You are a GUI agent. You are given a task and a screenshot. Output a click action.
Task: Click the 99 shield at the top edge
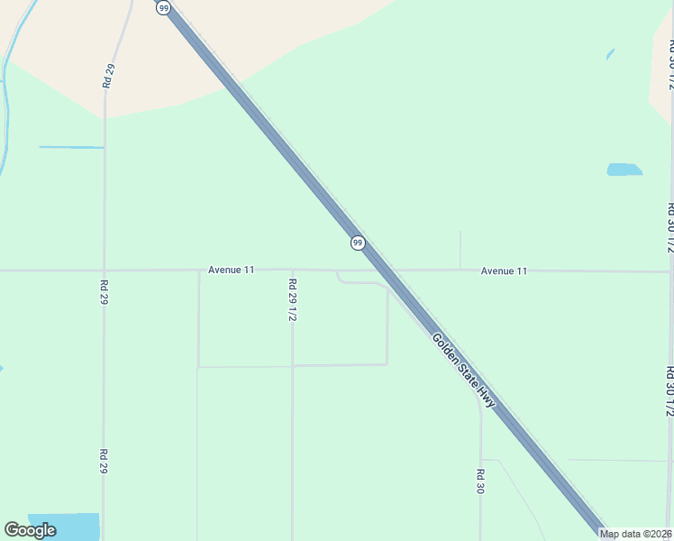pos(163,7)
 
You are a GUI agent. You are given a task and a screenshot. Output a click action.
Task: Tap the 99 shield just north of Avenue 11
pos(358,243)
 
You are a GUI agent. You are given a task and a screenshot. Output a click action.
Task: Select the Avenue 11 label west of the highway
pos(232,270)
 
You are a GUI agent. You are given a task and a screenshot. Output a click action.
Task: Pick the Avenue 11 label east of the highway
pos(504,270)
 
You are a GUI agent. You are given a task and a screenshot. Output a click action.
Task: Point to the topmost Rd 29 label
pos(108,76)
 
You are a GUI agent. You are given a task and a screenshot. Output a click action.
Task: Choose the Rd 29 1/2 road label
pos(292,300)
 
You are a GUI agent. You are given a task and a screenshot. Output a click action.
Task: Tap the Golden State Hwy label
pos(463,371)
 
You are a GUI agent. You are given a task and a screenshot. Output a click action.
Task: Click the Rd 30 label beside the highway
pos(480,481)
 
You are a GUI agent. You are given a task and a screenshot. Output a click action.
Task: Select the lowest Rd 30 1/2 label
pos(669,390)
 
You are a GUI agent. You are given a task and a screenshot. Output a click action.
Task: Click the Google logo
pos(31,530)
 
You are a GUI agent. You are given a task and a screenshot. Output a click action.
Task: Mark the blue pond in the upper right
pos(624,170)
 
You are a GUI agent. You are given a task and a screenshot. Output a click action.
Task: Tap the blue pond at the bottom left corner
pos(63,526)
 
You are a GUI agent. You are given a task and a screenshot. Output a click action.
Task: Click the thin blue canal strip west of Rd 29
pos(71,147)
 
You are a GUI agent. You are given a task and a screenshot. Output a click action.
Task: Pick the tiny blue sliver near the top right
pos(610,54)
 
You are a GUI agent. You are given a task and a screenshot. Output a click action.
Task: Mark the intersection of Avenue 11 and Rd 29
pos(105,270)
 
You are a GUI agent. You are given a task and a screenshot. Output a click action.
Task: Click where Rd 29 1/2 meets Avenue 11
pos(292,270)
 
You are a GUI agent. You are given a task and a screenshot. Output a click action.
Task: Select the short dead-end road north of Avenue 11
pos(460,250)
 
